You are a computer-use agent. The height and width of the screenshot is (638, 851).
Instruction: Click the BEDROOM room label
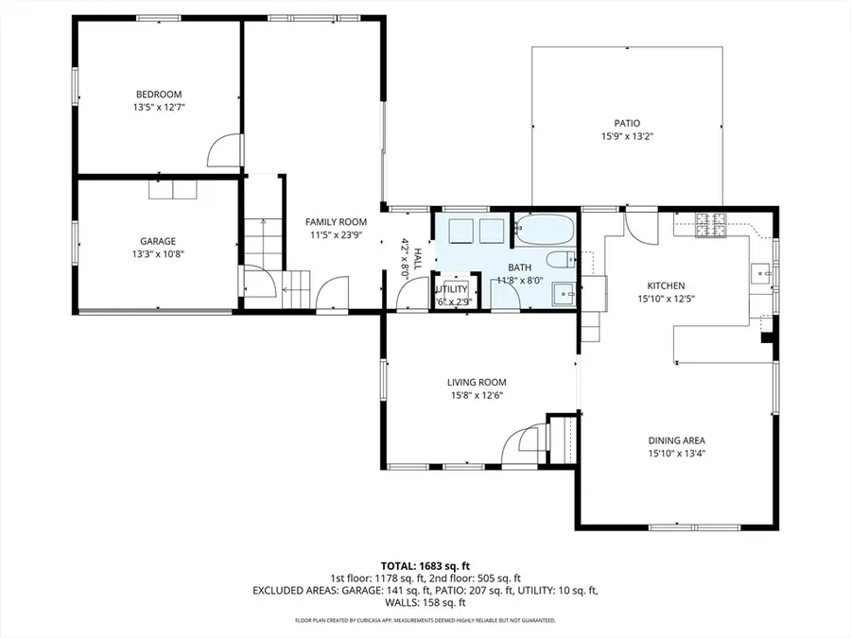click(158, 94)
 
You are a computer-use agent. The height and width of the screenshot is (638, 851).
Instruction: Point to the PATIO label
click(627, 123)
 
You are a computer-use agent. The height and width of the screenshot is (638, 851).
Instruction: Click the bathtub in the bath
click(544, 229)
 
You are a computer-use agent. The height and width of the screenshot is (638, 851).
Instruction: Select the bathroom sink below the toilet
click(564, 294)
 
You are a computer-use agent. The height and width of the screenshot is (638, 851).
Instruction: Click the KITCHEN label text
click(666, 285)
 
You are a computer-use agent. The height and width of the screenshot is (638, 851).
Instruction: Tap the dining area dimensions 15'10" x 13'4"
click(676, 454)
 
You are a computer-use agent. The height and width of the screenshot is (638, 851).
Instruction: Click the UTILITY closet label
click(451, 289)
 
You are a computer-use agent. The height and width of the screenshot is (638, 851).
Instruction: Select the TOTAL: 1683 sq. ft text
click(425, 564)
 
